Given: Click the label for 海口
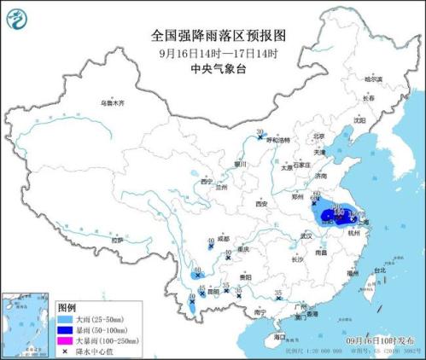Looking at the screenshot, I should pos(279,338).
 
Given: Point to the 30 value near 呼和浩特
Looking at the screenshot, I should pos(260,131).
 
